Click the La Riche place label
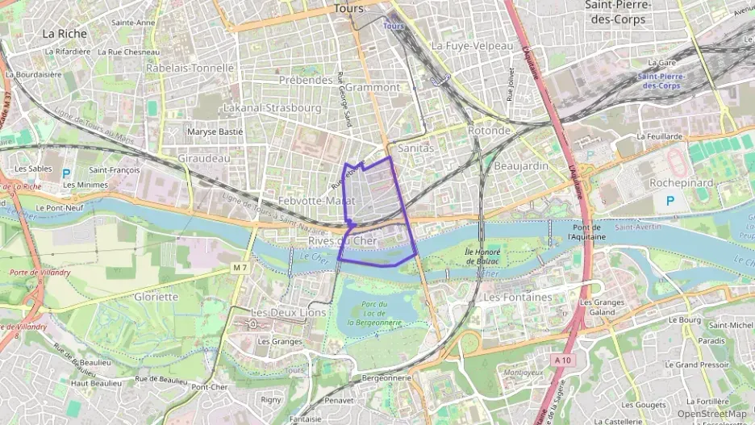point(65,34)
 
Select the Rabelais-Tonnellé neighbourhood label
point(190,69)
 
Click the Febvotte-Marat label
point(316,200)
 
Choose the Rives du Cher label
point(343,240)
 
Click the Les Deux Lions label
point(289,312)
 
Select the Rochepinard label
point(682,183)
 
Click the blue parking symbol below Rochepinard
point(669,199)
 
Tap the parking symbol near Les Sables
point(66,173)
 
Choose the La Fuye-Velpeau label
point(472,46)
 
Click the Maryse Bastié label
point(215,131)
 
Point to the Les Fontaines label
point(517,297)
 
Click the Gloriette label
point(156,296)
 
